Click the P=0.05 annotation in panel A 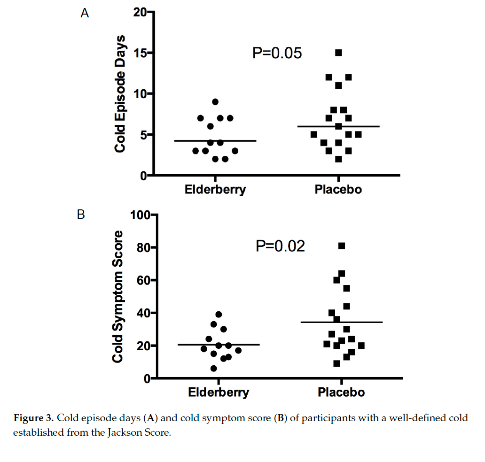click(x=277, y=54)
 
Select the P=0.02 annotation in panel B click(x=280, y=246)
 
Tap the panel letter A click(x=85, y=13)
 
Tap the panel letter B click(x=81, y=215)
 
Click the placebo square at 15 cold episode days click(x=338, y=53)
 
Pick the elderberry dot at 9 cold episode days click(x=215, y=102)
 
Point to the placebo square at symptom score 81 click(x=342, y=246)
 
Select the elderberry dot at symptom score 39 click(x=219, y=315)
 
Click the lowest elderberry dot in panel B click(x=214, y=369)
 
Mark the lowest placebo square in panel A click(x=338, y=159)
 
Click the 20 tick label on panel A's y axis click(x=139, y=12)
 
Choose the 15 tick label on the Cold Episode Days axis click(x=140, y=53)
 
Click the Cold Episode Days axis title click(x=121, y=93)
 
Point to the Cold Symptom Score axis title click(x=118, y=297)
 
